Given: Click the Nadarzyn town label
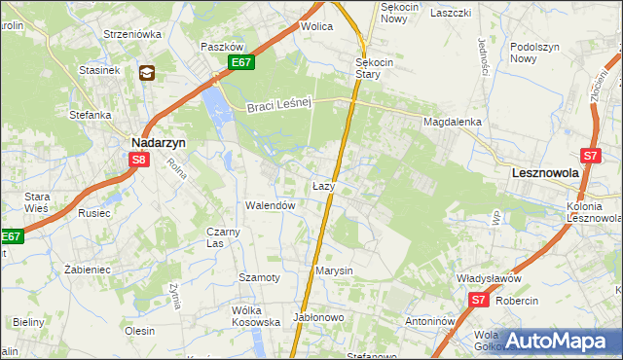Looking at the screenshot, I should click(x=159, y=140).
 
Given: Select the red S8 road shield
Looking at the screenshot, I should click(x=139, y=161).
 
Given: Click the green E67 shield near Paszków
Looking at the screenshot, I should click(x=242, y=63).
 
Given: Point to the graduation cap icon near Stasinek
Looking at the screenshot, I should click(x=147, y=72).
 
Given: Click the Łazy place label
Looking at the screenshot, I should click(x=325, y=185).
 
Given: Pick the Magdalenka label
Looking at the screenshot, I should click(x=453, y=122).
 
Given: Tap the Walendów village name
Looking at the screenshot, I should click(x=270, y=206).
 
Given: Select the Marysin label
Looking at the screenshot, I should click(x=334, y=270).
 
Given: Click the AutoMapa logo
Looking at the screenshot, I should click(x=556, y=341).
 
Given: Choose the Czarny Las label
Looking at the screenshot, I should click(x=223, y=237).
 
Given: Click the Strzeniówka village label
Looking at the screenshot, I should click(x=132, y=34).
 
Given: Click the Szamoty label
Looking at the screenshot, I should click(x=260, y=277).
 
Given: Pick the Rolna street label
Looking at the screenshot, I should click(x=177, y=173).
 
